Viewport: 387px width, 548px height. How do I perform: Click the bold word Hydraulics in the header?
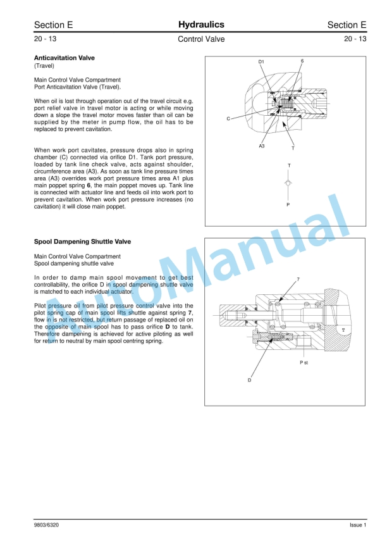(201, 25)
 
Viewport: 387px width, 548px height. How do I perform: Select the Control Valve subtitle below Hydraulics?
(201, 39)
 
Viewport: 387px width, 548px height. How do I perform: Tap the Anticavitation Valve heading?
(64, 58)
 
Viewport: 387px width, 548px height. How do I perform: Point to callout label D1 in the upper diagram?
(261, 61)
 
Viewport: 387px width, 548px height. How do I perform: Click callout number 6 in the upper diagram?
(302, 61)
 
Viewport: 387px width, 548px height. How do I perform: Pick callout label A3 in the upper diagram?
(262, 146)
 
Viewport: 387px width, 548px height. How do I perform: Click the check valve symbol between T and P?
(289, 182)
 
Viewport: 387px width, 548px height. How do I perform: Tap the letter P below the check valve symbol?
(288, 205)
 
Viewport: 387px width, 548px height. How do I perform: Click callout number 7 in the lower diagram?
(298, 279)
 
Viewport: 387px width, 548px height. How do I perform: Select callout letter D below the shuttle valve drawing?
(249, 380)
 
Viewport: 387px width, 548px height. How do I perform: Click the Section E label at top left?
(53, 25)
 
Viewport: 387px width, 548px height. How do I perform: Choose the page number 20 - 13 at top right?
(355, 39)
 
